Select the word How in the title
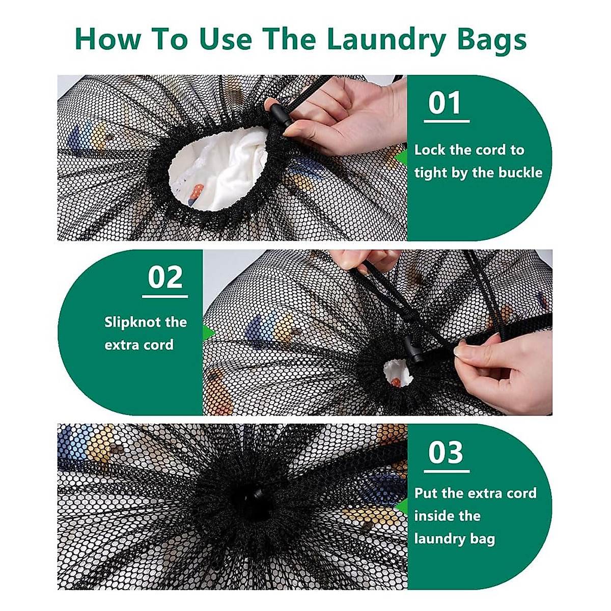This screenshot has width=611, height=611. coord(108,39)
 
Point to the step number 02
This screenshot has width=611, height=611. coord(165,277)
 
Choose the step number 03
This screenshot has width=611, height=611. coord(446,452)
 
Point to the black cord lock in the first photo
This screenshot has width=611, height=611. coord(281,115)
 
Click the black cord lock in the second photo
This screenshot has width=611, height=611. coord(414,349)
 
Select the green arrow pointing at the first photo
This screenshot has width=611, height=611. coord(402,157)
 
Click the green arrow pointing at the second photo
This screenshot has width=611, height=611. coord(208,332)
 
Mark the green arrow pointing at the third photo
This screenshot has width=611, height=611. coord(402,507)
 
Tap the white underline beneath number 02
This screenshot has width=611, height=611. coord(165,296)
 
